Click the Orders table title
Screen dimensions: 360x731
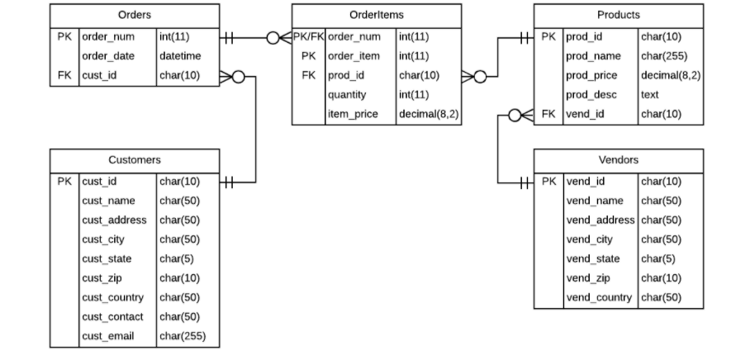point(135,15)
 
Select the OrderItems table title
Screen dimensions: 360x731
point(377,15)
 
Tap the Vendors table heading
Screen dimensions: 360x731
point(618,159)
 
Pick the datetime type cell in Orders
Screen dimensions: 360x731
point(180,56)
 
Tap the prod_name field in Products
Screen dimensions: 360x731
point(593,56)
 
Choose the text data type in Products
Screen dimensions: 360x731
point(650,95)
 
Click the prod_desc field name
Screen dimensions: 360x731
point(591,95)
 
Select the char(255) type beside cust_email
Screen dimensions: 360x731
point(183,335)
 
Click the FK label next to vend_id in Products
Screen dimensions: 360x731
point(548,114)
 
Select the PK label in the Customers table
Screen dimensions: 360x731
point(64,182)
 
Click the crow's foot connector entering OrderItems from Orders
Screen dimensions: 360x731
point(279,37)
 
